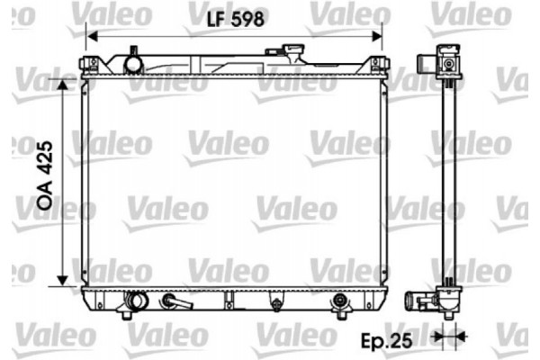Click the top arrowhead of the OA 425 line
coord(62,84)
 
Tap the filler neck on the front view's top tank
coord(134,63)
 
